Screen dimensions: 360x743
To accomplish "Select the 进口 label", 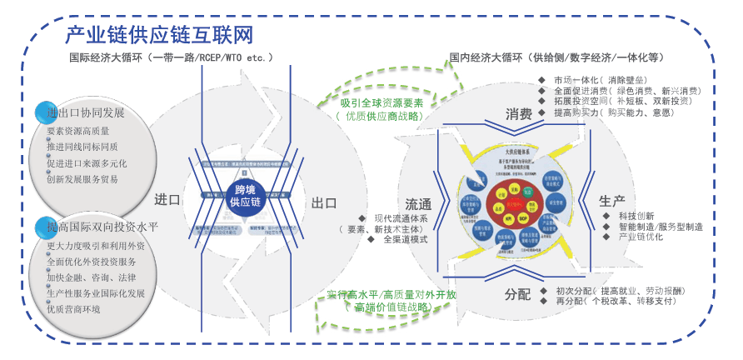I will coord(167,199).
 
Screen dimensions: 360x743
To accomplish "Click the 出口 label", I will coord(323,202).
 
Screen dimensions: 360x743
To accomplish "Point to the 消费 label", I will coord(518,114).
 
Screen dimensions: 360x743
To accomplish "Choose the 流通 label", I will coord(418,204).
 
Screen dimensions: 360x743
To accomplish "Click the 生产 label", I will coord(612,202).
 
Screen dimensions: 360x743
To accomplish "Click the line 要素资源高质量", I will coord(79,132).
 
